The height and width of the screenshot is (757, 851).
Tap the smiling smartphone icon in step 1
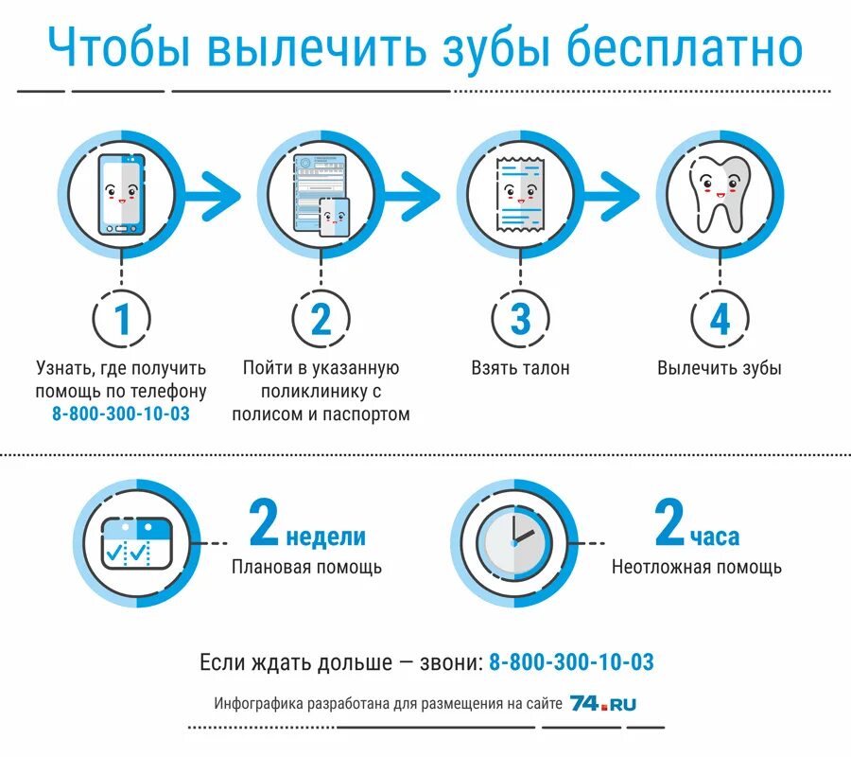[121, 195]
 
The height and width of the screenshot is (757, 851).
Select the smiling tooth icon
[721, 195]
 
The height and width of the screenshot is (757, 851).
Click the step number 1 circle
[122, 320]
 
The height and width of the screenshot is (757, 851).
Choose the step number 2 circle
[321, 320]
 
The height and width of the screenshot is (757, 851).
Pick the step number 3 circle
[520, 320]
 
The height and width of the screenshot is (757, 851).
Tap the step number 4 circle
[721, 320]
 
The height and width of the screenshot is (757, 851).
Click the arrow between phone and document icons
[216, 195]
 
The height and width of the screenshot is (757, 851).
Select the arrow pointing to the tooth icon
[615, 195]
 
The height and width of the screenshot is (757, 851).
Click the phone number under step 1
[121, 414]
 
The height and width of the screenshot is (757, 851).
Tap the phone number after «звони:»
[571, 662]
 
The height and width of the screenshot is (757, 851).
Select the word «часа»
[714, 537]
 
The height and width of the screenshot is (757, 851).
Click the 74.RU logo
[603, 704]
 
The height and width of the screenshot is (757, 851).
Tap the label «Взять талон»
[520, 368]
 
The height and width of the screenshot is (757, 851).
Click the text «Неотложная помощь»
[696, 568]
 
